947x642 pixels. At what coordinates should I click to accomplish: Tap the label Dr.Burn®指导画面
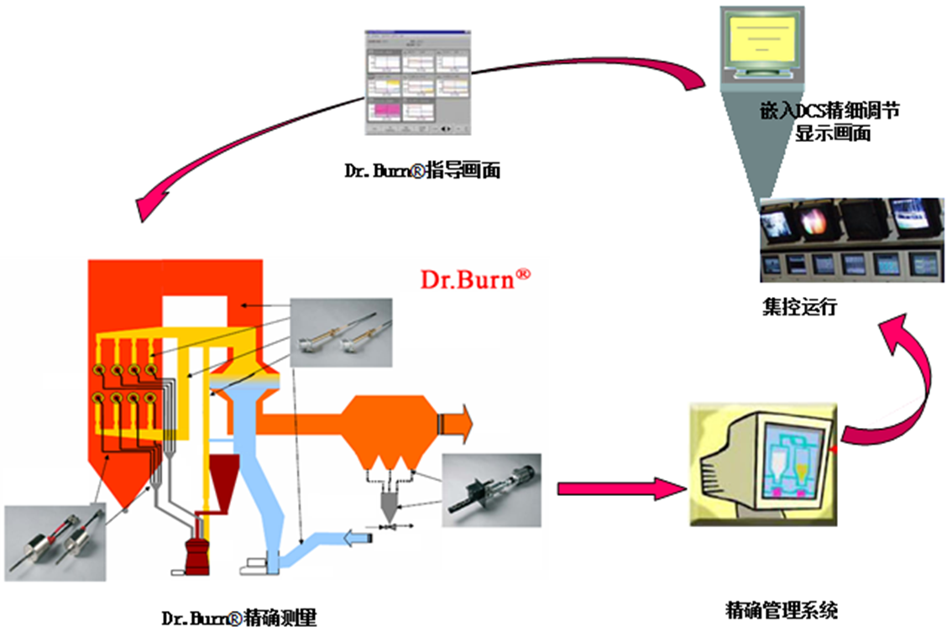click(x=422, y=170)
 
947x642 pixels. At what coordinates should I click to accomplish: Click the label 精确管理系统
click(x=781, y=610)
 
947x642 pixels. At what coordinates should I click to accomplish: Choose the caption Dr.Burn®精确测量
click(x=238, y=619)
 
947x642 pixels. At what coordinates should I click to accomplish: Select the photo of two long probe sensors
click(x=340, y=332)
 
